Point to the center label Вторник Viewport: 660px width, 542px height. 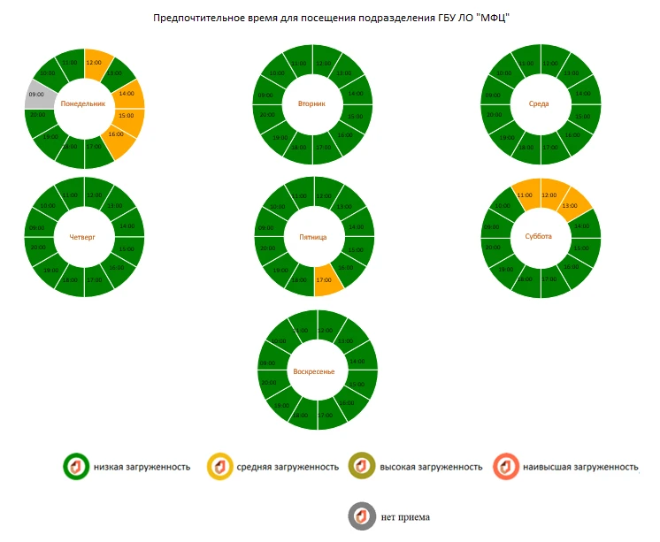click(x=311, y=103)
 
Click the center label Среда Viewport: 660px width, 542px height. click(x=539, y=103)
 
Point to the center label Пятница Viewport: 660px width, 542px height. click(x=312, y=237)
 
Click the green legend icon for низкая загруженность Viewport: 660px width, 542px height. click(x=74, y=466)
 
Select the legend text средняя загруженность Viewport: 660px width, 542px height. click(x=288, y=467)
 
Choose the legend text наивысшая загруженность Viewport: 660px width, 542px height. click(x=580, y=467)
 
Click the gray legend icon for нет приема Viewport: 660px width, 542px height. click(x=361, y=516)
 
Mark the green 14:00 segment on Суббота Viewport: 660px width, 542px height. click(x=581, y=226)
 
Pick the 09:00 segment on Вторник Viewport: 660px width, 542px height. click(x=265, y=95)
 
